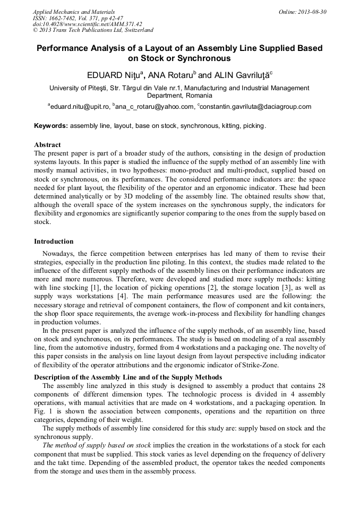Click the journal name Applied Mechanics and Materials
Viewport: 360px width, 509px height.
coord(74,12)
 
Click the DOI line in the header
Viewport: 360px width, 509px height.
coord(88,24)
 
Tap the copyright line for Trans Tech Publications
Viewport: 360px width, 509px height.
coord(93,31)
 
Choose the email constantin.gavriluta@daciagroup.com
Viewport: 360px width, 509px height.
coord(256,107)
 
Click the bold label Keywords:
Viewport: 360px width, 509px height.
coord(51,126)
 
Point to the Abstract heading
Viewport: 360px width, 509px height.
coord(47,145)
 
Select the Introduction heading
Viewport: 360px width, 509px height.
coord(54,241)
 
